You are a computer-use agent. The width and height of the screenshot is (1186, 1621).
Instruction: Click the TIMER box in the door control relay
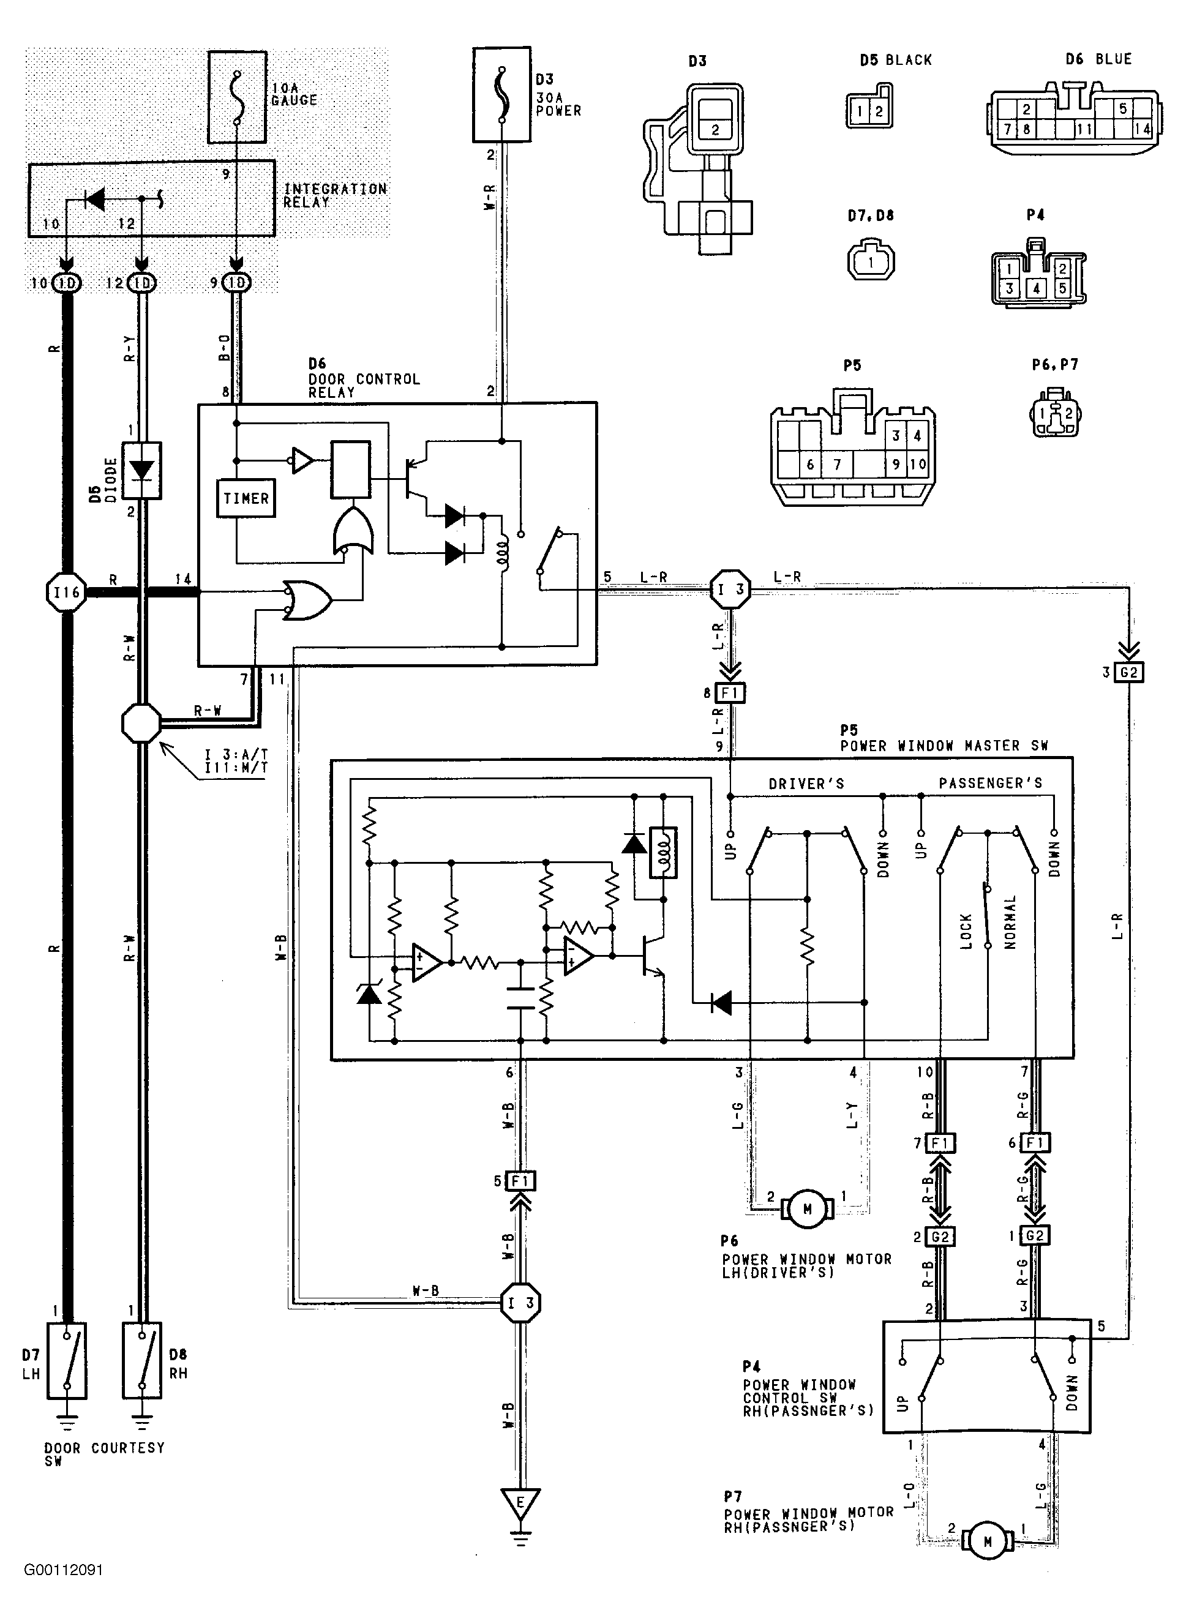(246, 498)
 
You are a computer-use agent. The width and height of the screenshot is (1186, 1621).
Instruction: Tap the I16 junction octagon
(66, 592)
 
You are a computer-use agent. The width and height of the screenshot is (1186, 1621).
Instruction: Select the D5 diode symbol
(141, 471)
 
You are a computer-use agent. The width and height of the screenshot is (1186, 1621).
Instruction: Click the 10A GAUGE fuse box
(237, 97)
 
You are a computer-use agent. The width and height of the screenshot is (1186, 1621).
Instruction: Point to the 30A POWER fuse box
(501, 95)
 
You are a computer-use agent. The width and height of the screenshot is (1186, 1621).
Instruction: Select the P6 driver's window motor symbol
(808, 1210)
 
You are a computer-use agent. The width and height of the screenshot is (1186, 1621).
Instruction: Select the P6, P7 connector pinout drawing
(1056, 412)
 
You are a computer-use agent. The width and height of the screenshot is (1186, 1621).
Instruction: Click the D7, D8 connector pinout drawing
(871, 262)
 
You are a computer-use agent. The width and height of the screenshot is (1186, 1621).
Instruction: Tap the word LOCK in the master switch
(966, 932)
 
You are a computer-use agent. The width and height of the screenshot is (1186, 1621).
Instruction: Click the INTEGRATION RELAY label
(336, 195)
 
